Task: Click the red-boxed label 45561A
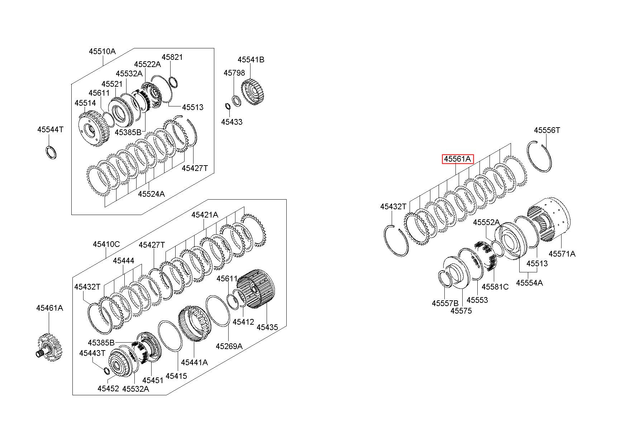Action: click(458, 159)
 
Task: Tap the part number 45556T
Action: click(547, 130)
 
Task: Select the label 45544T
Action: click(50, 129)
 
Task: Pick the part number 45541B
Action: click(251, 59)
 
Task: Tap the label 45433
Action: click(231, 122)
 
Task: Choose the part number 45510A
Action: click(102, 51)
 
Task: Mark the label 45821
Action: click(172, 57)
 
